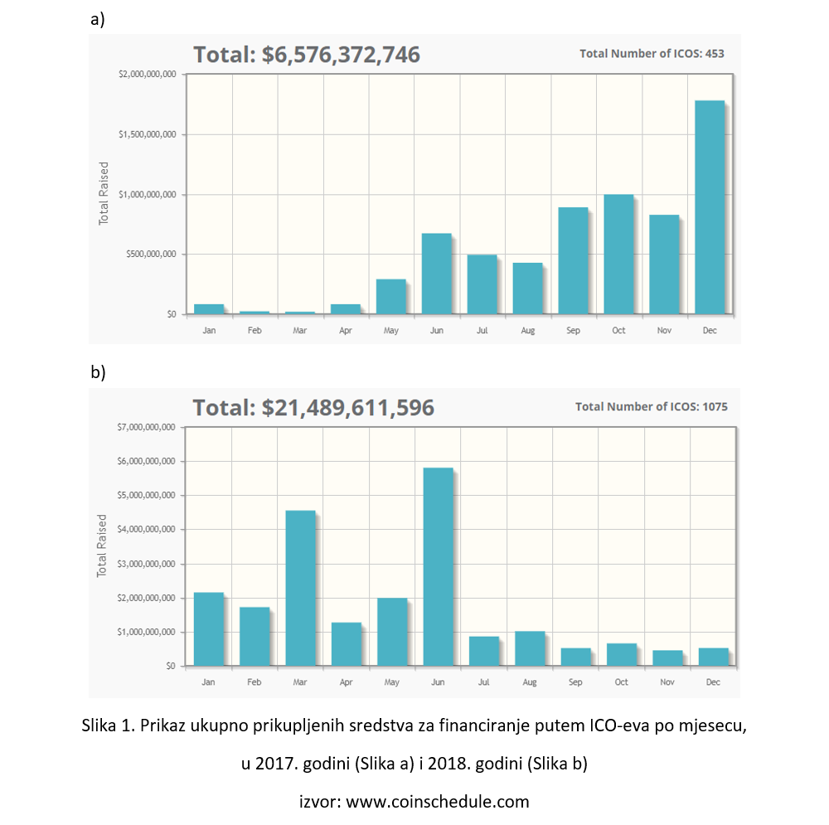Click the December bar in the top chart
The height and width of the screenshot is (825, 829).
[x=710, y=207]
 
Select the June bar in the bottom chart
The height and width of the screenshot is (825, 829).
[x=438, y=566]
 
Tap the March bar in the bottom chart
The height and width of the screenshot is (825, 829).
[x=300, y=588]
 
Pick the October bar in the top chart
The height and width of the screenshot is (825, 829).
[x=618, y=255]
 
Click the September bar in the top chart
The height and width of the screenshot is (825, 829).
[x=573, y=260]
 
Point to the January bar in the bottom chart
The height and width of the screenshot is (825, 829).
[x=208, y=628]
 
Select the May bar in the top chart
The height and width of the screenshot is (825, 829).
[x=391, y=296]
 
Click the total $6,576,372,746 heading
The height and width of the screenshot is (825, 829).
[x=307, y=55]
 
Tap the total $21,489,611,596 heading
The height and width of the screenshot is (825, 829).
[x=313, y=408]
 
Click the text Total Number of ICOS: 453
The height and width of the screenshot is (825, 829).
[x=652, y=54]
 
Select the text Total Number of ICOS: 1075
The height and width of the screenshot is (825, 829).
[x=651, y=407]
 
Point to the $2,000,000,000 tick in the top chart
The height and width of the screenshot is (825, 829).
[x=148, y=75]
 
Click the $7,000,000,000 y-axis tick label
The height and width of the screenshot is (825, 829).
[x=147, y=428]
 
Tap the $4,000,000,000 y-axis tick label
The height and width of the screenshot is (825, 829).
[x=147, y=530]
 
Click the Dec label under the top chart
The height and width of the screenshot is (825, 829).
[x=710, y=331]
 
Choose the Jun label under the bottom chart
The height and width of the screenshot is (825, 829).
[x=438, y=682]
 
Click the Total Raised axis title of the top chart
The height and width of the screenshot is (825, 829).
[x=104, y=193]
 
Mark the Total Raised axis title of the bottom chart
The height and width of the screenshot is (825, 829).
[x=103, y=546]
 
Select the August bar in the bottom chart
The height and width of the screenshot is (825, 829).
[x=530, y=648]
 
